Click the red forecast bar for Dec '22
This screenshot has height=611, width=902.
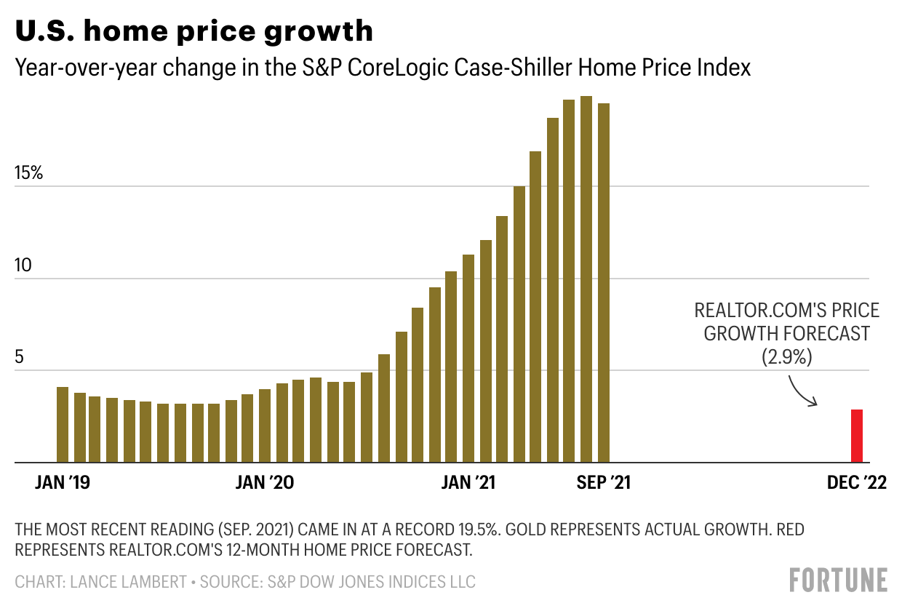[x=857, y=436]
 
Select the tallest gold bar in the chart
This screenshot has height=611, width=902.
[x=586, y=279]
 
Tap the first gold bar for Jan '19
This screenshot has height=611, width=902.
[x=63, y=425]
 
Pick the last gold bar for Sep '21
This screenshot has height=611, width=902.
[x=604, y=283]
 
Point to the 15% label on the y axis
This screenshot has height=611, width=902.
[x=28, y=174]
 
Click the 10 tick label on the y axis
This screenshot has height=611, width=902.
[x=24, y=265]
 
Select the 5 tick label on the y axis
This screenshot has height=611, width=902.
[x=20, y=358]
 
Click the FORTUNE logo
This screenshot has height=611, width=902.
[x=838, y=580]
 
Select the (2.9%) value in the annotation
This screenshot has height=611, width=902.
[x=786, y=356]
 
